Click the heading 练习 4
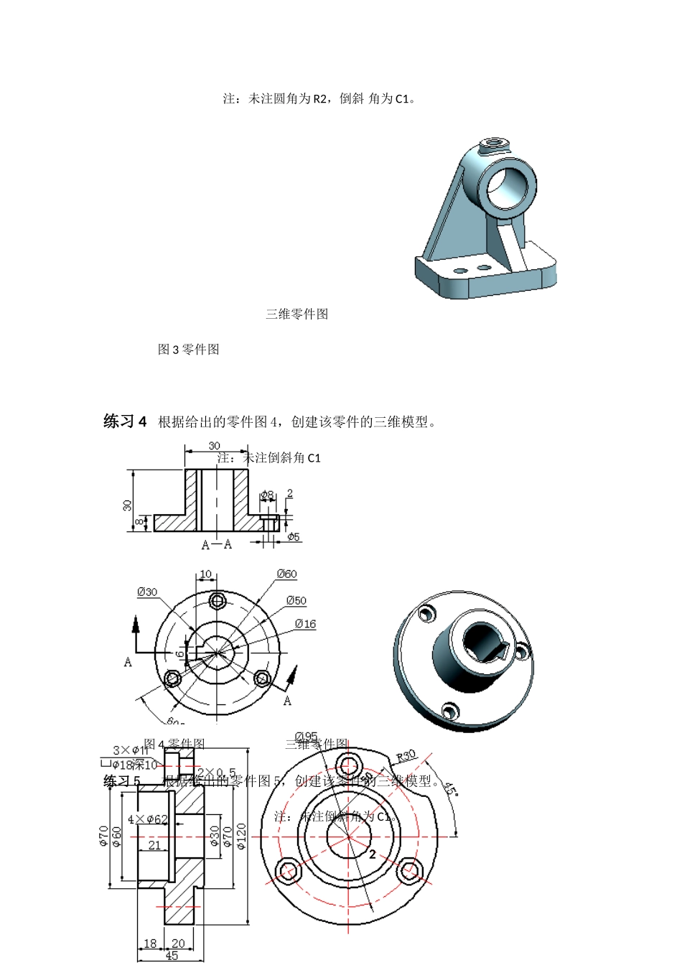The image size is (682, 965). click(125, 421)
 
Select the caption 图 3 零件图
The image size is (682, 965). click(188, 350)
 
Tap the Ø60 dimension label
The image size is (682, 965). click(286, 574)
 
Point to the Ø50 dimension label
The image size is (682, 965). click(296, 600)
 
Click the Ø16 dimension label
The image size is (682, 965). click(305, 624)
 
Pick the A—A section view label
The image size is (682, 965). click(217, 544)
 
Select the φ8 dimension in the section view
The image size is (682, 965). click(266, 495)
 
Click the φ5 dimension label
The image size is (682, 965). click(294, 537)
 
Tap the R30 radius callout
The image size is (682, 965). click(406, 756)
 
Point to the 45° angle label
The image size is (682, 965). click(450, 789)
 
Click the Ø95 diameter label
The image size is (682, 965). click(306, 737)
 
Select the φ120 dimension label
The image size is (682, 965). click(241, 836)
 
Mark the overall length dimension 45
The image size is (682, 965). click(172, 956)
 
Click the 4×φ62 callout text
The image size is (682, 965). click(147, 819)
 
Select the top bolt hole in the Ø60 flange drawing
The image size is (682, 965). click(217, 600)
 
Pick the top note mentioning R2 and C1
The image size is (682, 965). click(319, 98)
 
